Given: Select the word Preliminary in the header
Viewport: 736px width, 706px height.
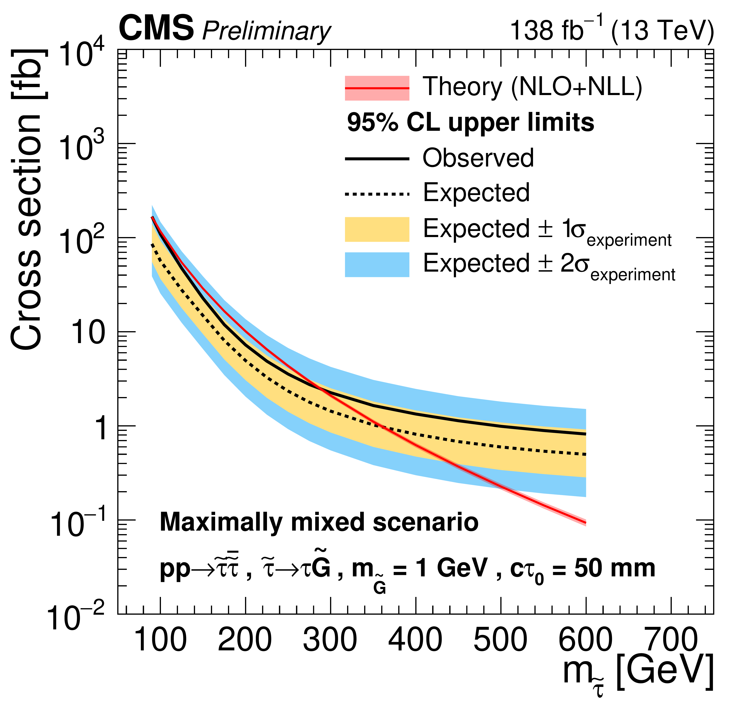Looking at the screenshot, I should (266, 31).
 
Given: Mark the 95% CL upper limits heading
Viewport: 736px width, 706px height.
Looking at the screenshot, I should (470, 123).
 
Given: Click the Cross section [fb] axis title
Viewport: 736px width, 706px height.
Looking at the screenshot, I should (26, 199).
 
